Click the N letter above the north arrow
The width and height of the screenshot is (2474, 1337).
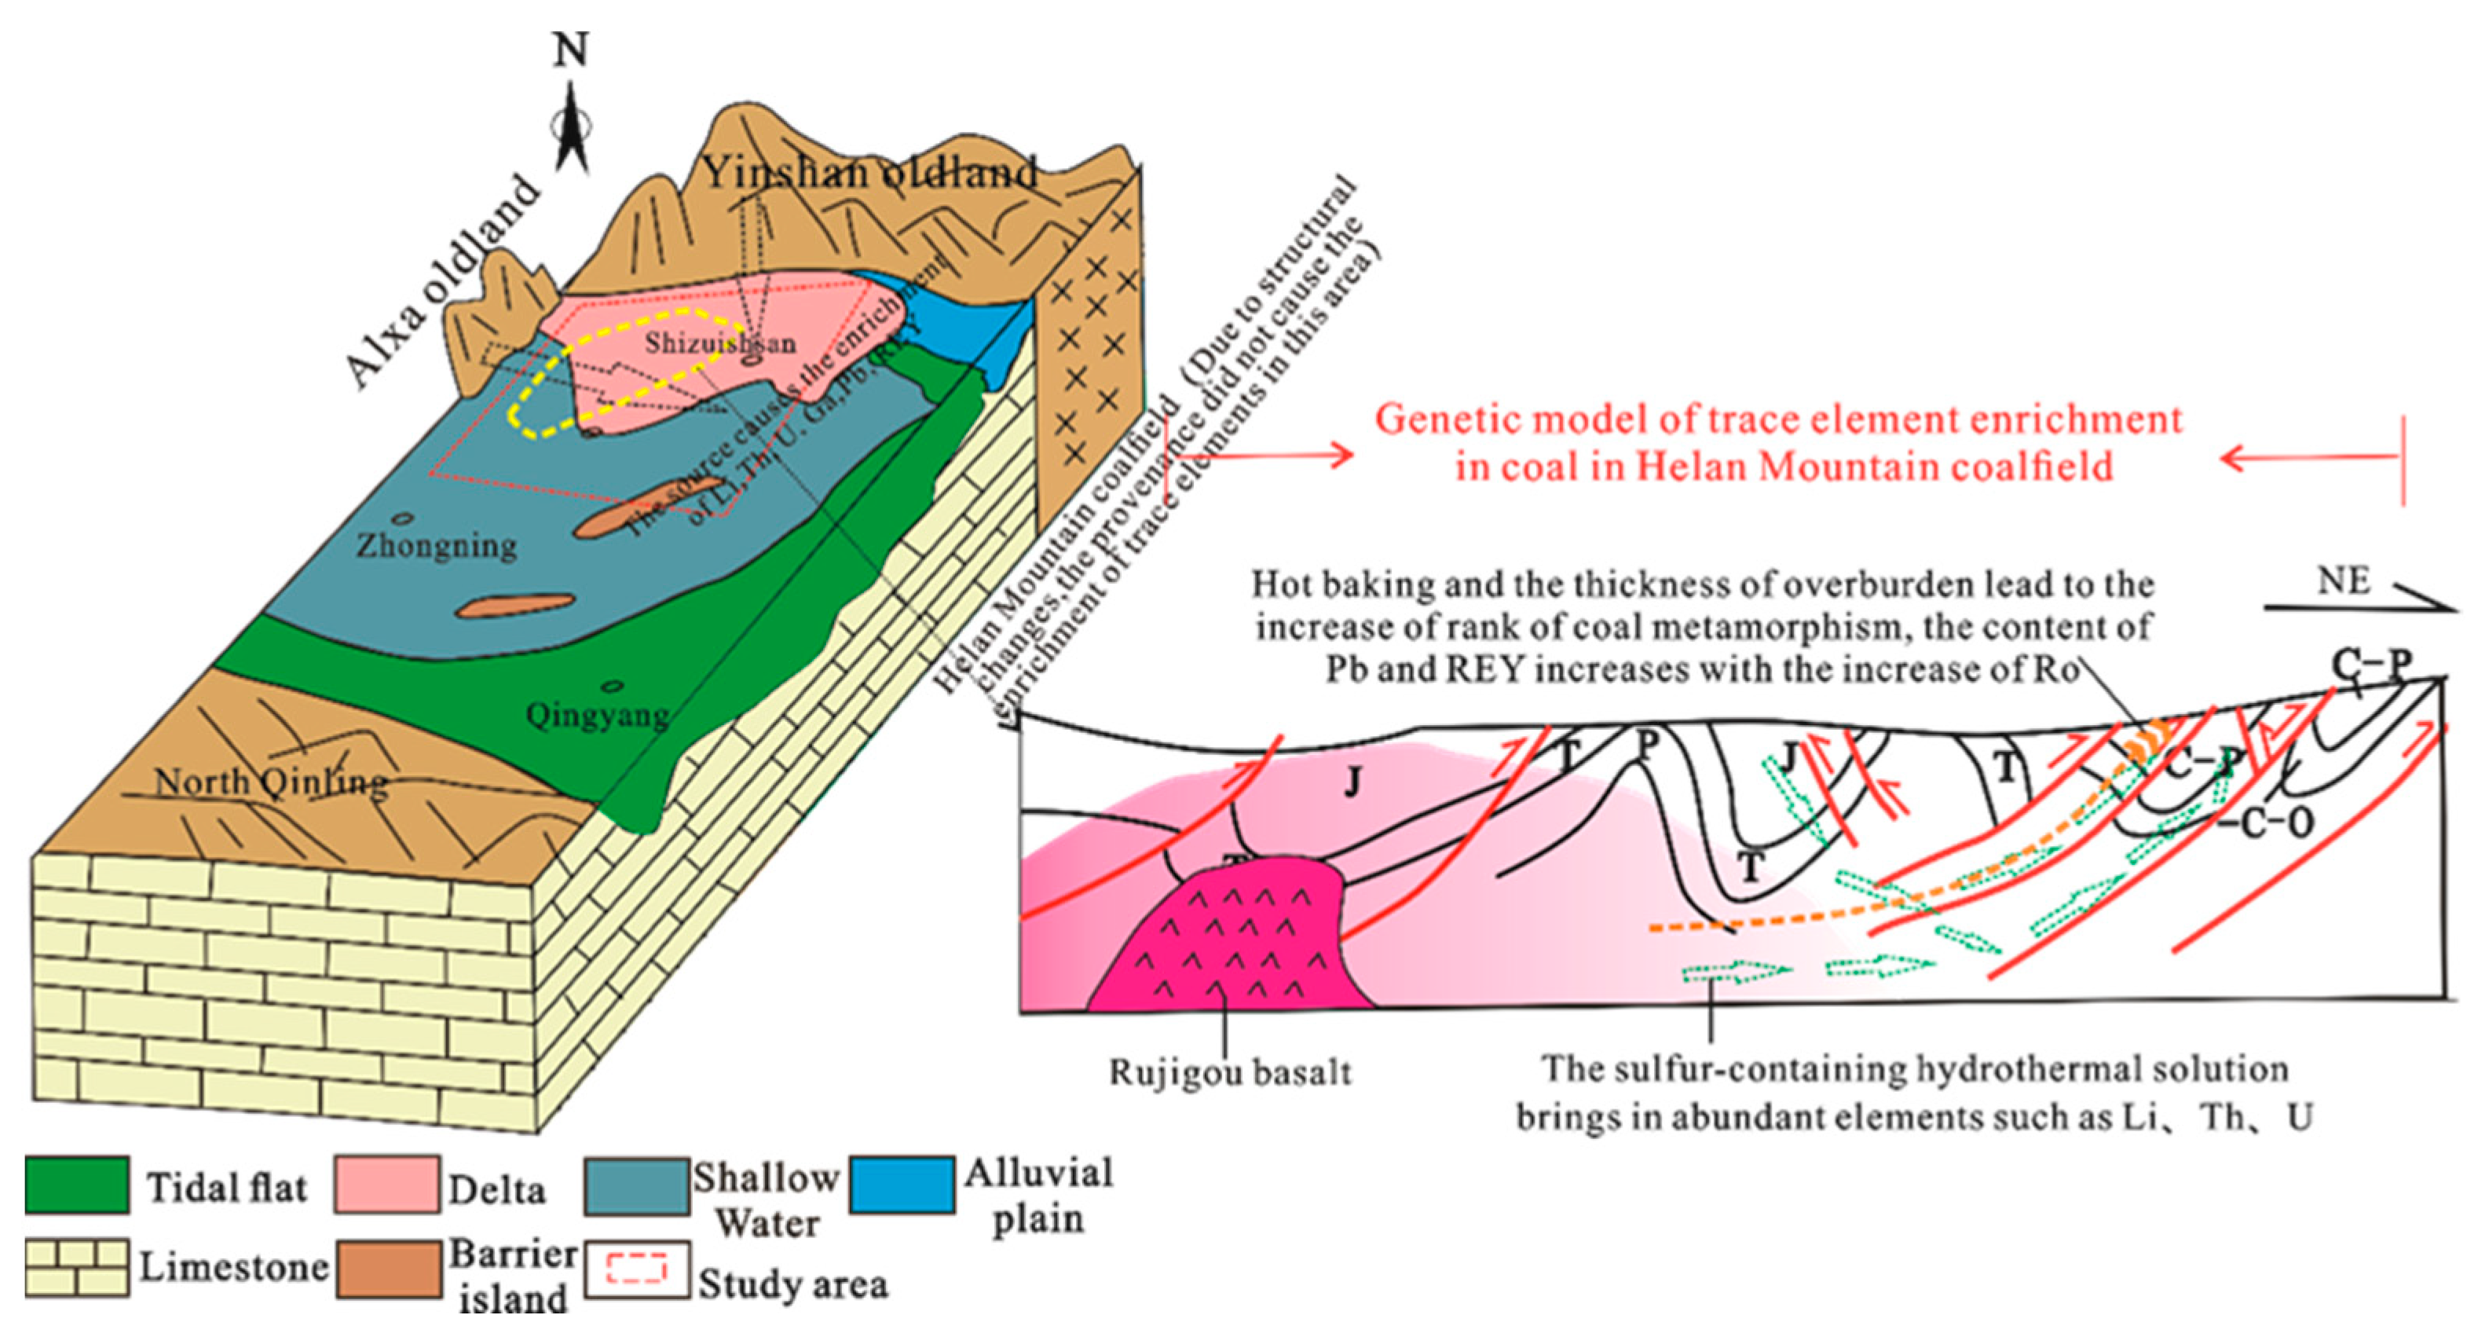(570, 48)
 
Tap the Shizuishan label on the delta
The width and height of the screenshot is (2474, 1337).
(719, 343)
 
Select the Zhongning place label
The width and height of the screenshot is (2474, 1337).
(437, 545)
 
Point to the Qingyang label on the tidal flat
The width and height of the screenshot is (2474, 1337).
(598, 716)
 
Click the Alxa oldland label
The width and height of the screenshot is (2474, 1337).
(441, 284)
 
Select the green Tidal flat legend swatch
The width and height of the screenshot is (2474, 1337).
(77, 1185)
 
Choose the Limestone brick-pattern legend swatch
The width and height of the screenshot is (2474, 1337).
(77, 1268)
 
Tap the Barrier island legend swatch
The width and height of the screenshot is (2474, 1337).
(389, 1268)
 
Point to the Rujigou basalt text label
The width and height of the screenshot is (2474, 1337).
(1230, 1072)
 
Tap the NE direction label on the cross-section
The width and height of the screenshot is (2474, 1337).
(2344, 581)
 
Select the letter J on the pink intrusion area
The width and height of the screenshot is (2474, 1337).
(1353, 784)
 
